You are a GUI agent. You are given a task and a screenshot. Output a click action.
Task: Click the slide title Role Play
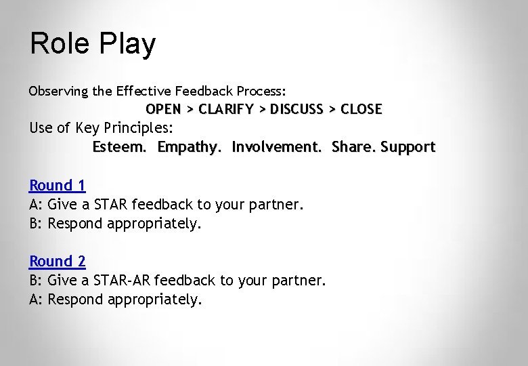pos(93,44)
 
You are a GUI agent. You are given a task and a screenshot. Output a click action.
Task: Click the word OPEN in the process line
pos(163,108)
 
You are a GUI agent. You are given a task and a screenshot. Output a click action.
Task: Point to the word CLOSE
pos(361,108)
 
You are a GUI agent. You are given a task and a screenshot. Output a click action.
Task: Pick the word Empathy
pos(190,147)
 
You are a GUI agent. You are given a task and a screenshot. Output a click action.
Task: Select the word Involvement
pos(278,146)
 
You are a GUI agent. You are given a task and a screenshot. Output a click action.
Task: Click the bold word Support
pos(408,147)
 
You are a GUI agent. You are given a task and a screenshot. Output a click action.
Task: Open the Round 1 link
pos(58,185)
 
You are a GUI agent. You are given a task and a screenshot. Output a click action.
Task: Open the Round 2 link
pos(58,261)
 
